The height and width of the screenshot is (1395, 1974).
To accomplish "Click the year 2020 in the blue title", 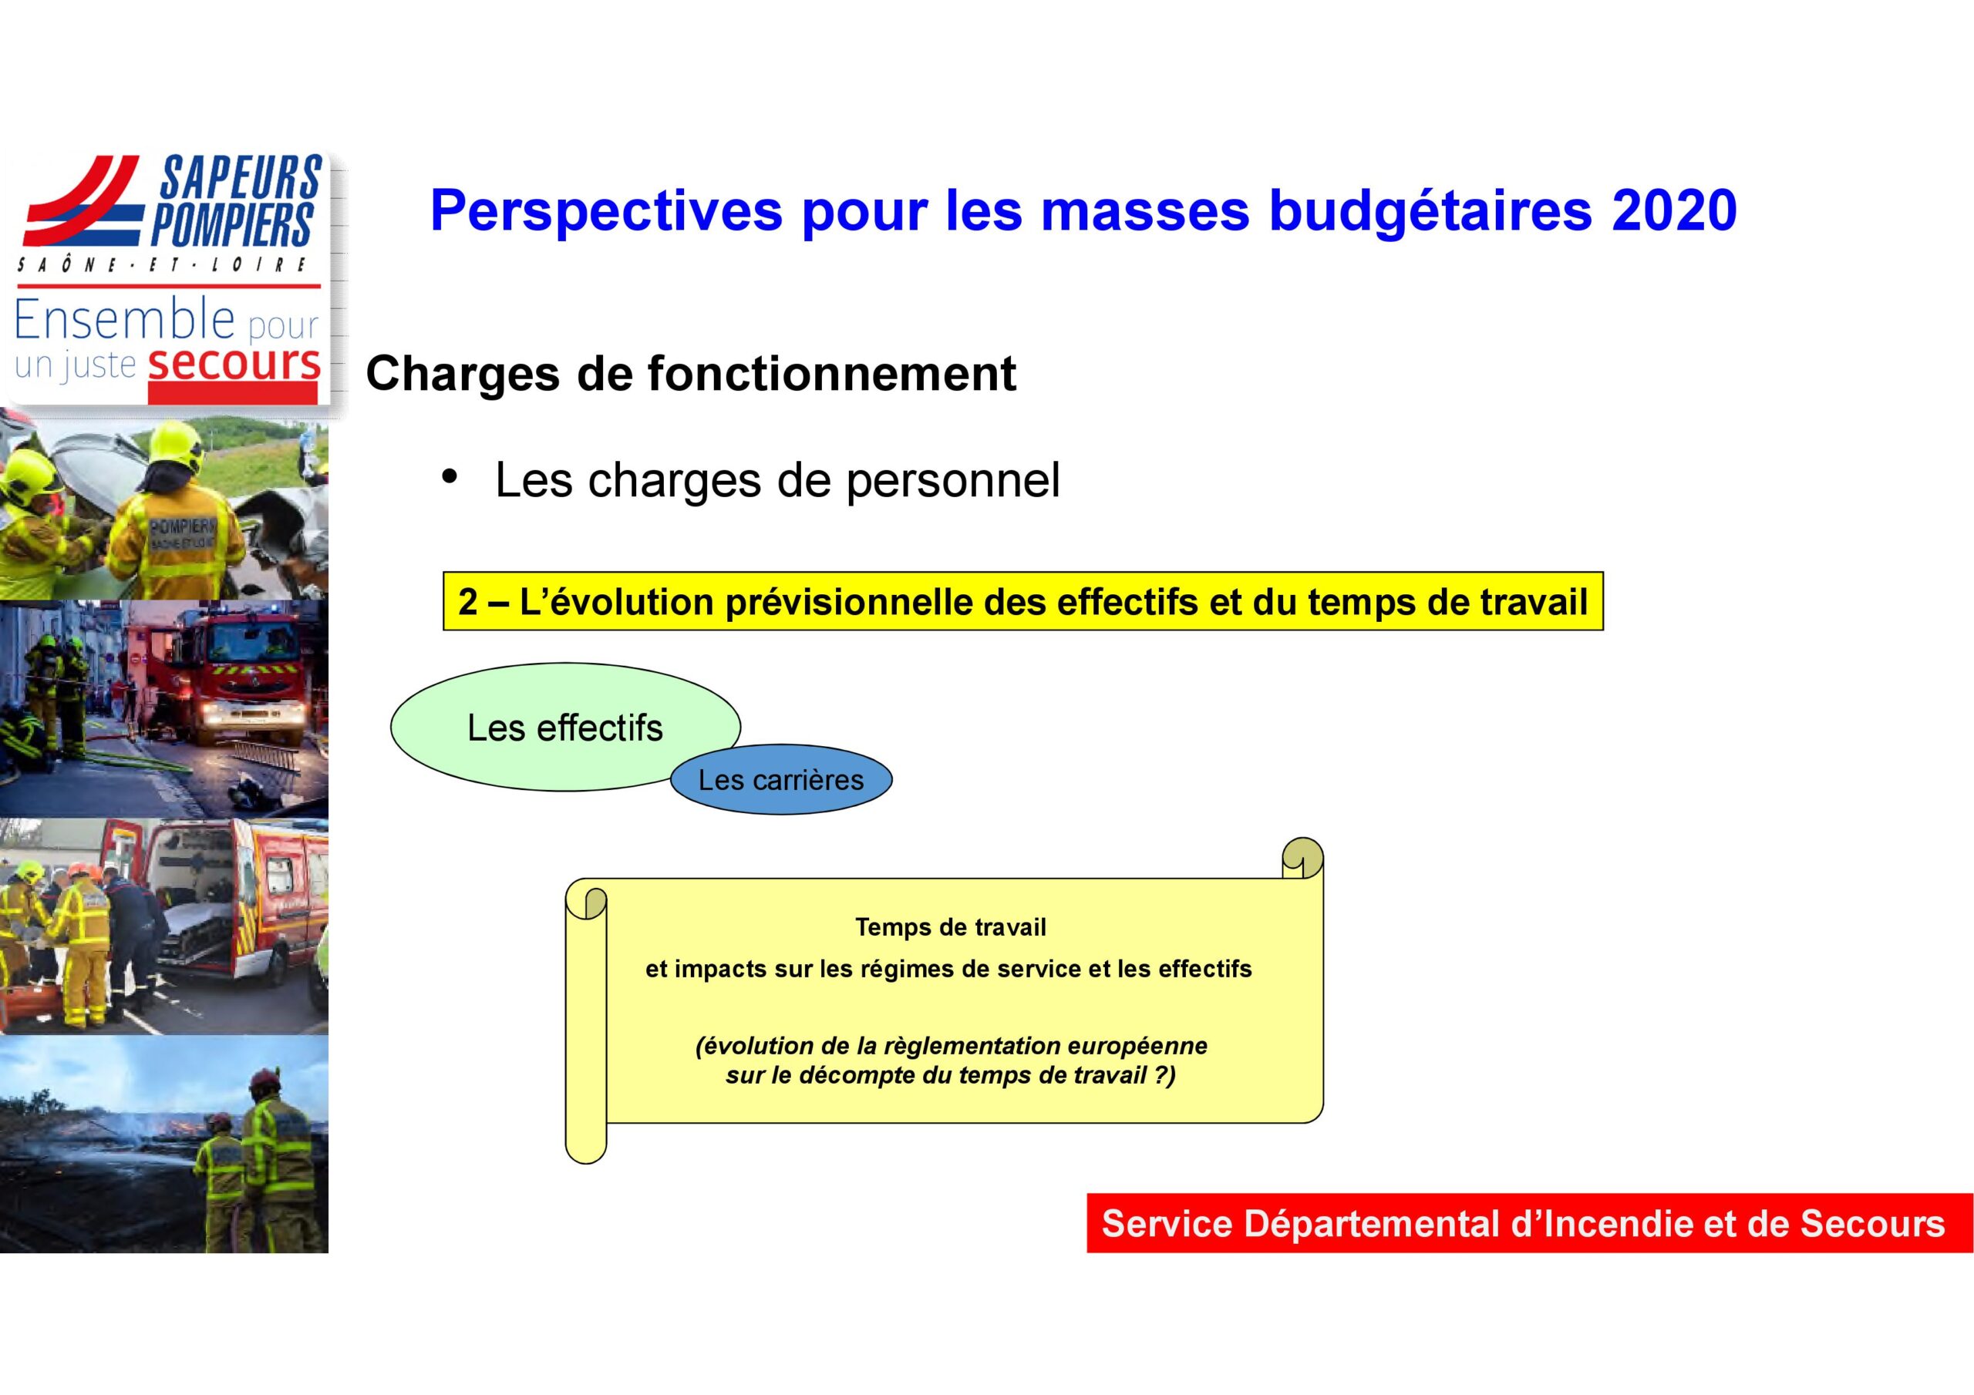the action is [x=1674, y=210].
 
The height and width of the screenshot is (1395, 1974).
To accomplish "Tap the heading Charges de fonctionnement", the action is [x=690, y=374].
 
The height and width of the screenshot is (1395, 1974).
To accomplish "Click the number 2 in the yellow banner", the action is [x=468, y=602].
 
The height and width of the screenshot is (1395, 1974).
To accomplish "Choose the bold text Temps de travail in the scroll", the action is [x=950, y=927].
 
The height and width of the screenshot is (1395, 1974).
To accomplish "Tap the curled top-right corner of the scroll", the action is [x=1302, y=858].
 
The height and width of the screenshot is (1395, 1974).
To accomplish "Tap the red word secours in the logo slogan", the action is [x=234, y=364].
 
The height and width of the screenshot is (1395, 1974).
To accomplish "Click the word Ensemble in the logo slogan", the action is [x=125, y=319].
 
